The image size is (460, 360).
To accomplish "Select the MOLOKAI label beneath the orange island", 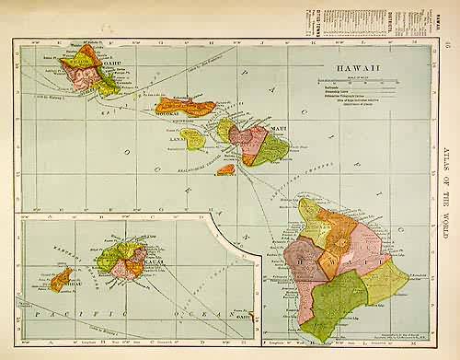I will [x=171, y=118].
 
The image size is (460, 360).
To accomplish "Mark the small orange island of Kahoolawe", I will [x=226, y=169].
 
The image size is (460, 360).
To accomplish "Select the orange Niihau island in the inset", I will [x=63, y=277].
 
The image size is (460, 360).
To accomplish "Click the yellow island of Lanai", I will [x=193, y=139].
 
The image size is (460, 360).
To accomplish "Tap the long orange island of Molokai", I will [x=184, y=107].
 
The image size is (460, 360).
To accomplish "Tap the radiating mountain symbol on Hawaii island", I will [x=339, y=244].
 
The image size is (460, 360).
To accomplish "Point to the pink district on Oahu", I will [x=83, y=77].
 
